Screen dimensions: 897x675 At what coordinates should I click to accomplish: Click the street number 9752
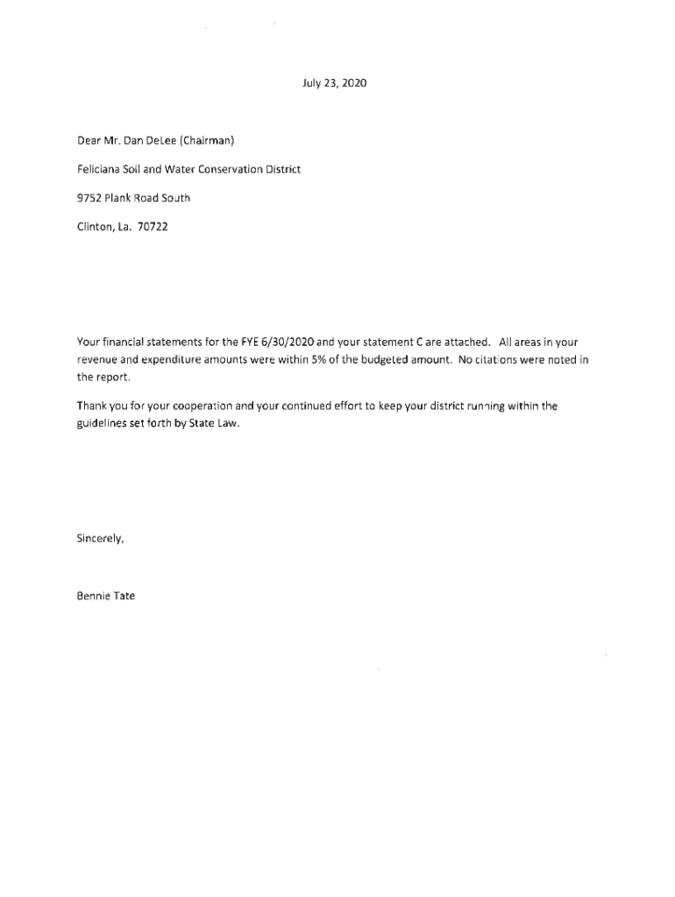[x=89, y=198]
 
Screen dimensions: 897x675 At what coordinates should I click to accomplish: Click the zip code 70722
[x=153, y=227]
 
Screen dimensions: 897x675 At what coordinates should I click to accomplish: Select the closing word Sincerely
[x=100, y=539]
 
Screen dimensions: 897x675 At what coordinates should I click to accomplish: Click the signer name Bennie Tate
[x=106, y=597]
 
